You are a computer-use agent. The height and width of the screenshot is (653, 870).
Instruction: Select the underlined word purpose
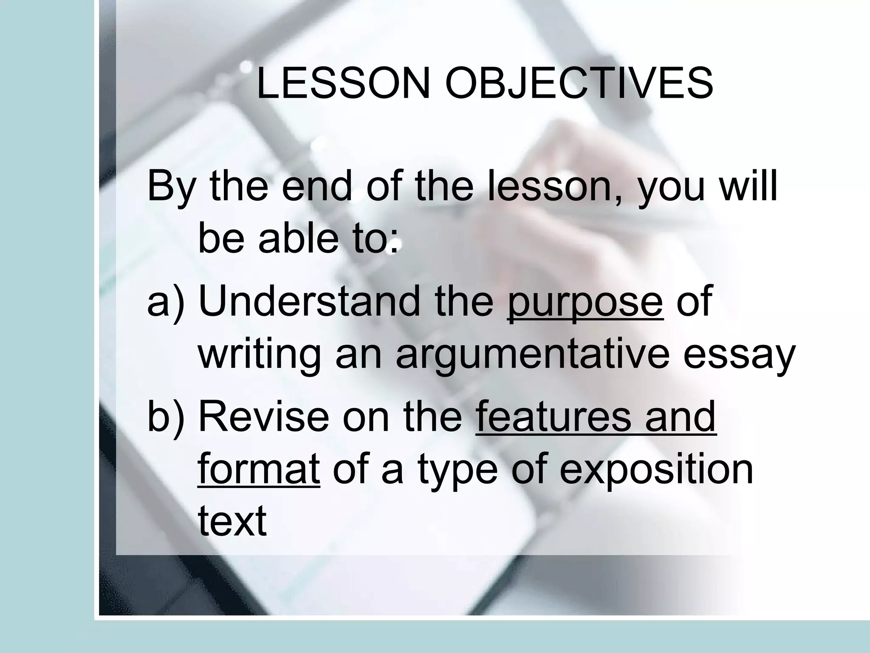click(x=585, y=303)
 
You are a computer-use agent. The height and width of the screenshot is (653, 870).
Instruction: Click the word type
click(x=458, y=472)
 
